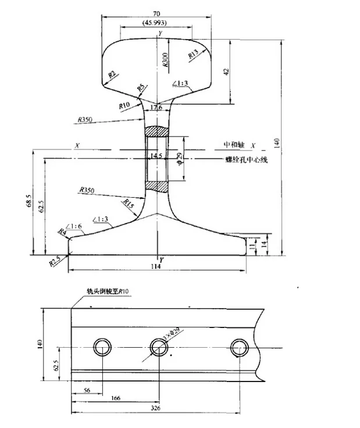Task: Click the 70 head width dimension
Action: click(x=156, y=13)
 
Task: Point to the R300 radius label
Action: click(x=166, y=60)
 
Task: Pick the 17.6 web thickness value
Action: click(x=156, y=108)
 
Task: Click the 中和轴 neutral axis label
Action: click(x=236, y=144)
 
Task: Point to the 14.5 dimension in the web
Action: click(x=156, y=156)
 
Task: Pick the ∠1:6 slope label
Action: click(x=74, y=226)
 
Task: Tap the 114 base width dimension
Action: click(x=155, y=266)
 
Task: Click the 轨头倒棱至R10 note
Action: click(x=107, y=291)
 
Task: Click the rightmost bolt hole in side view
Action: click(x=238, y=348)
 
